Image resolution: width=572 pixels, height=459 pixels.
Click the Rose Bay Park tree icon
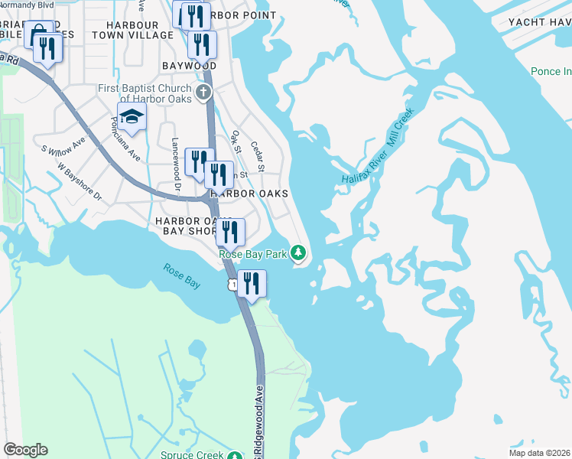(x=301, y=252)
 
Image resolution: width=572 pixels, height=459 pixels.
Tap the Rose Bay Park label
(x=252, y=254)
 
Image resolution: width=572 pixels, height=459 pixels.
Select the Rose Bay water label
(x=182, y=276)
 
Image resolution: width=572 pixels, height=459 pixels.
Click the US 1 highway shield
(x=230, y=284)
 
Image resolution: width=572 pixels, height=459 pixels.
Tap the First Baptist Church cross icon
(x=203, y=93)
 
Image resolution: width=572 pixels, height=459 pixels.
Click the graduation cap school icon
(x=132, y=116)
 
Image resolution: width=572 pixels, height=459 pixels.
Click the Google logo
(x=26, y=450)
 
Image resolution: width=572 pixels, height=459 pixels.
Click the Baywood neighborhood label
(x=188, y=67)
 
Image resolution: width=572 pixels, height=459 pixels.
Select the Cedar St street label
(x=259, y=158)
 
